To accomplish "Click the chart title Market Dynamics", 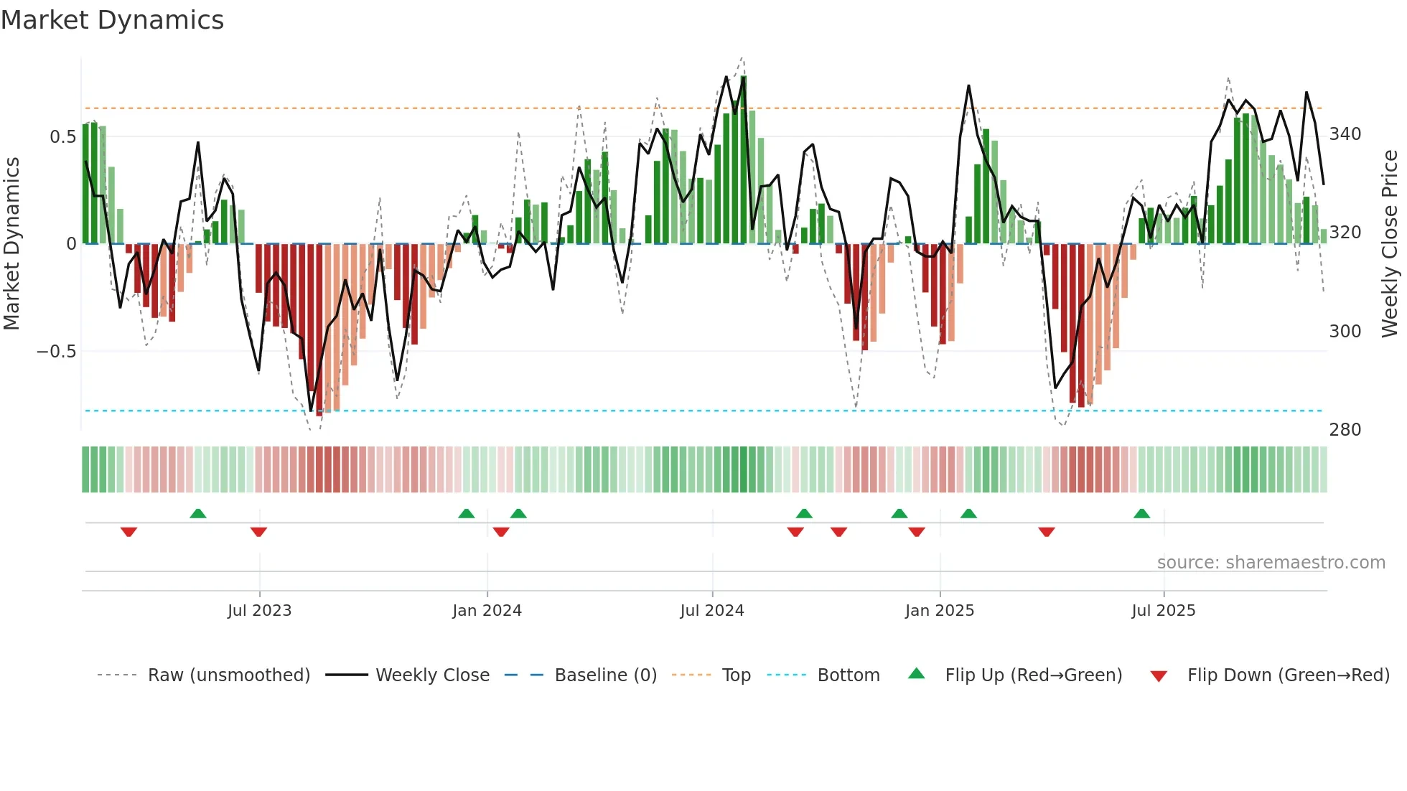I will [x=113, y=20].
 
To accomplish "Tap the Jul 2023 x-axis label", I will [x=259, y=611].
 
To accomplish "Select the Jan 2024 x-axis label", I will [x=487, y=611].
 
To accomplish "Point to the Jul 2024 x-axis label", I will [x=712, y=611].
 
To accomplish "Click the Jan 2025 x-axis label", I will [x=940, y=611].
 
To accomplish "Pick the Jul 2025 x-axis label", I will [x=1164, y=611].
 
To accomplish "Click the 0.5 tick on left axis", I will [x=63, y=136].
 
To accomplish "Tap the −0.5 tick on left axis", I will [x=57, y=351].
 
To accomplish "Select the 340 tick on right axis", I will [x=1345, y=134].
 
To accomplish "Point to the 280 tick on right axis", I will [x=1345, y=430].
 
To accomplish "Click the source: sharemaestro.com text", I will [x=1271, y=563].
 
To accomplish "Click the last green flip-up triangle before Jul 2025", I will [x=1141, y=513].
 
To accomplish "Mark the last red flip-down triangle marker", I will [x=1047, y=532].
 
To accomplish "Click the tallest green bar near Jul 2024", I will [x=744, y=158].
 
